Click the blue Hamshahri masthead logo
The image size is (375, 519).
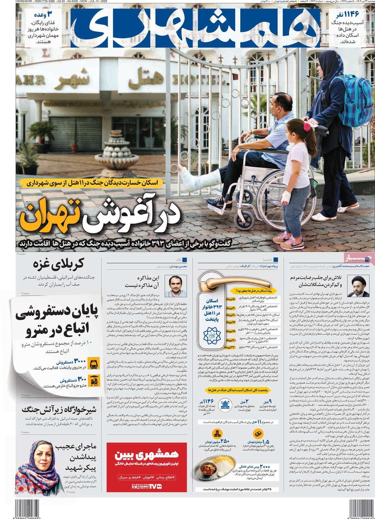(195, 28)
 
